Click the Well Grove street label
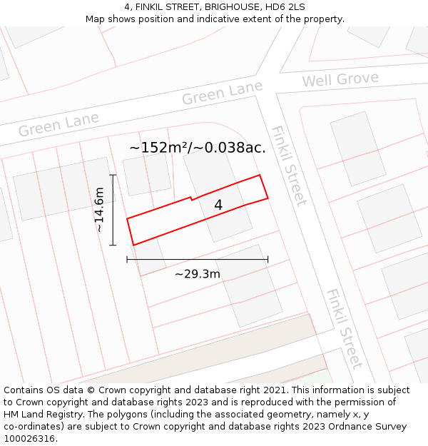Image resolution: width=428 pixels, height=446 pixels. tap(340, 79)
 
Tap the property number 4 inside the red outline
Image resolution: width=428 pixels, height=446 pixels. tap(218, 205)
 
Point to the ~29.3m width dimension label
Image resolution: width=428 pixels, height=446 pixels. tap(198, 273)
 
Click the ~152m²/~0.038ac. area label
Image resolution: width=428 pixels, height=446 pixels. tap(198, 148)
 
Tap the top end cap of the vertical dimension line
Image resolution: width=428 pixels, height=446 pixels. tap(113, 174)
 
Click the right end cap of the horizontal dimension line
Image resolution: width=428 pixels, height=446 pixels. tap(267, 260)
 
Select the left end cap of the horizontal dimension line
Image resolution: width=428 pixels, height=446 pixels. tap(127, 260)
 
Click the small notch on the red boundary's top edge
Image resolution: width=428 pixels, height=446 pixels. tap(191, 198)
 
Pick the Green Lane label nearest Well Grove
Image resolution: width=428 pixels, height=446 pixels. tap(222, 93)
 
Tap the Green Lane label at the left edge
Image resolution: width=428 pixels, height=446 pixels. tap(58, 124)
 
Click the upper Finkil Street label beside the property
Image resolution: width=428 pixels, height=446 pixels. tap(288, 165)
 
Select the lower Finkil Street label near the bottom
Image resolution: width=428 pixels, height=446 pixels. tap(345, 328)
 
